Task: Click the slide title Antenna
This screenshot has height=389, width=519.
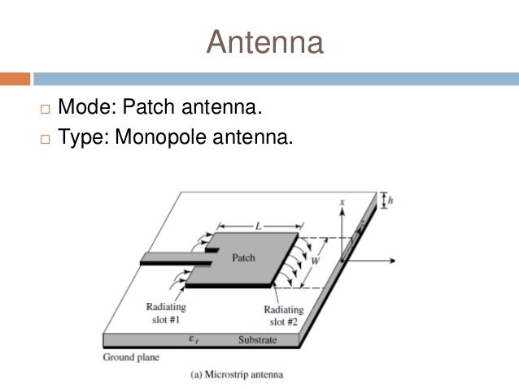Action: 264,42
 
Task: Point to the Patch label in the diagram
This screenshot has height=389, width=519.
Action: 243,258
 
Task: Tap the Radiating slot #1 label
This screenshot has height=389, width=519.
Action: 166,313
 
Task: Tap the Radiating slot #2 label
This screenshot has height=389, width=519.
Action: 283,315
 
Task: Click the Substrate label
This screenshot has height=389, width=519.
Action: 257,339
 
